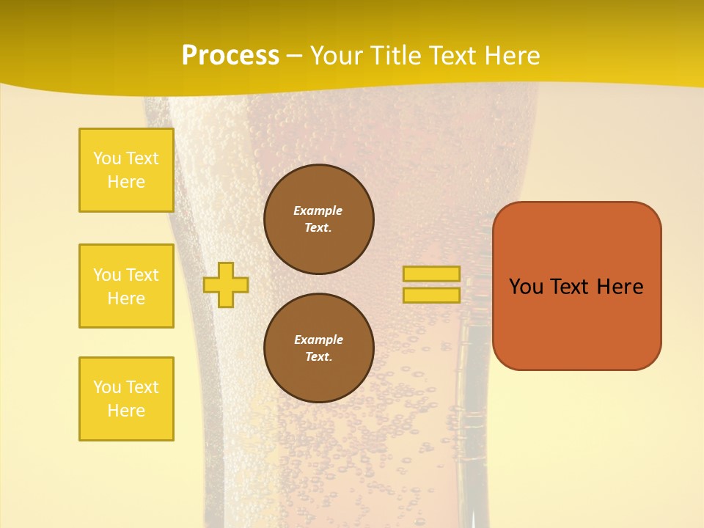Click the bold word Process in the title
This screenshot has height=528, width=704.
tap(230, 55)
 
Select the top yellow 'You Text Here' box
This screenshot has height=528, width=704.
tap(126, 170)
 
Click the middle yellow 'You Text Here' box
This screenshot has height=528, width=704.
tap(126, 286)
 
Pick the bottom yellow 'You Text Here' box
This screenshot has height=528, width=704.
tap(126, 399)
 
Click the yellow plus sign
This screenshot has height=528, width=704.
tap(226, 285)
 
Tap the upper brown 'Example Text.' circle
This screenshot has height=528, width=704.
tap(319, 219)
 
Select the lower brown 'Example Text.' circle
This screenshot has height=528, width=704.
tap(319, 348)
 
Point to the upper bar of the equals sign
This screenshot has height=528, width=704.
tap(432, 274)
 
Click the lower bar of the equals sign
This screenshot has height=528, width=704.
tap(432, 296)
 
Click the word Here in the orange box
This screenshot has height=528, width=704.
tap(620, 287)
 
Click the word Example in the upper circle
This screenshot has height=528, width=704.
tap(318, 210)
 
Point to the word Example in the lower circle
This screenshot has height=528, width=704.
tap(318, 340)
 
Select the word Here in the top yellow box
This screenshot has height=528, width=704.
tap(126, 182)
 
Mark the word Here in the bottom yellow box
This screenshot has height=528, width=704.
tap(126, 411)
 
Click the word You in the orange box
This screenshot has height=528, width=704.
tap(526, 287)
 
